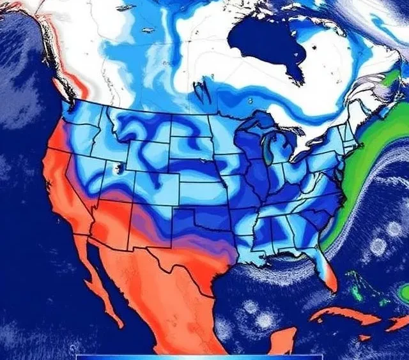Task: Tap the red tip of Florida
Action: (328, 280)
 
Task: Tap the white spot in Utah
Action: (116, 170)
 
